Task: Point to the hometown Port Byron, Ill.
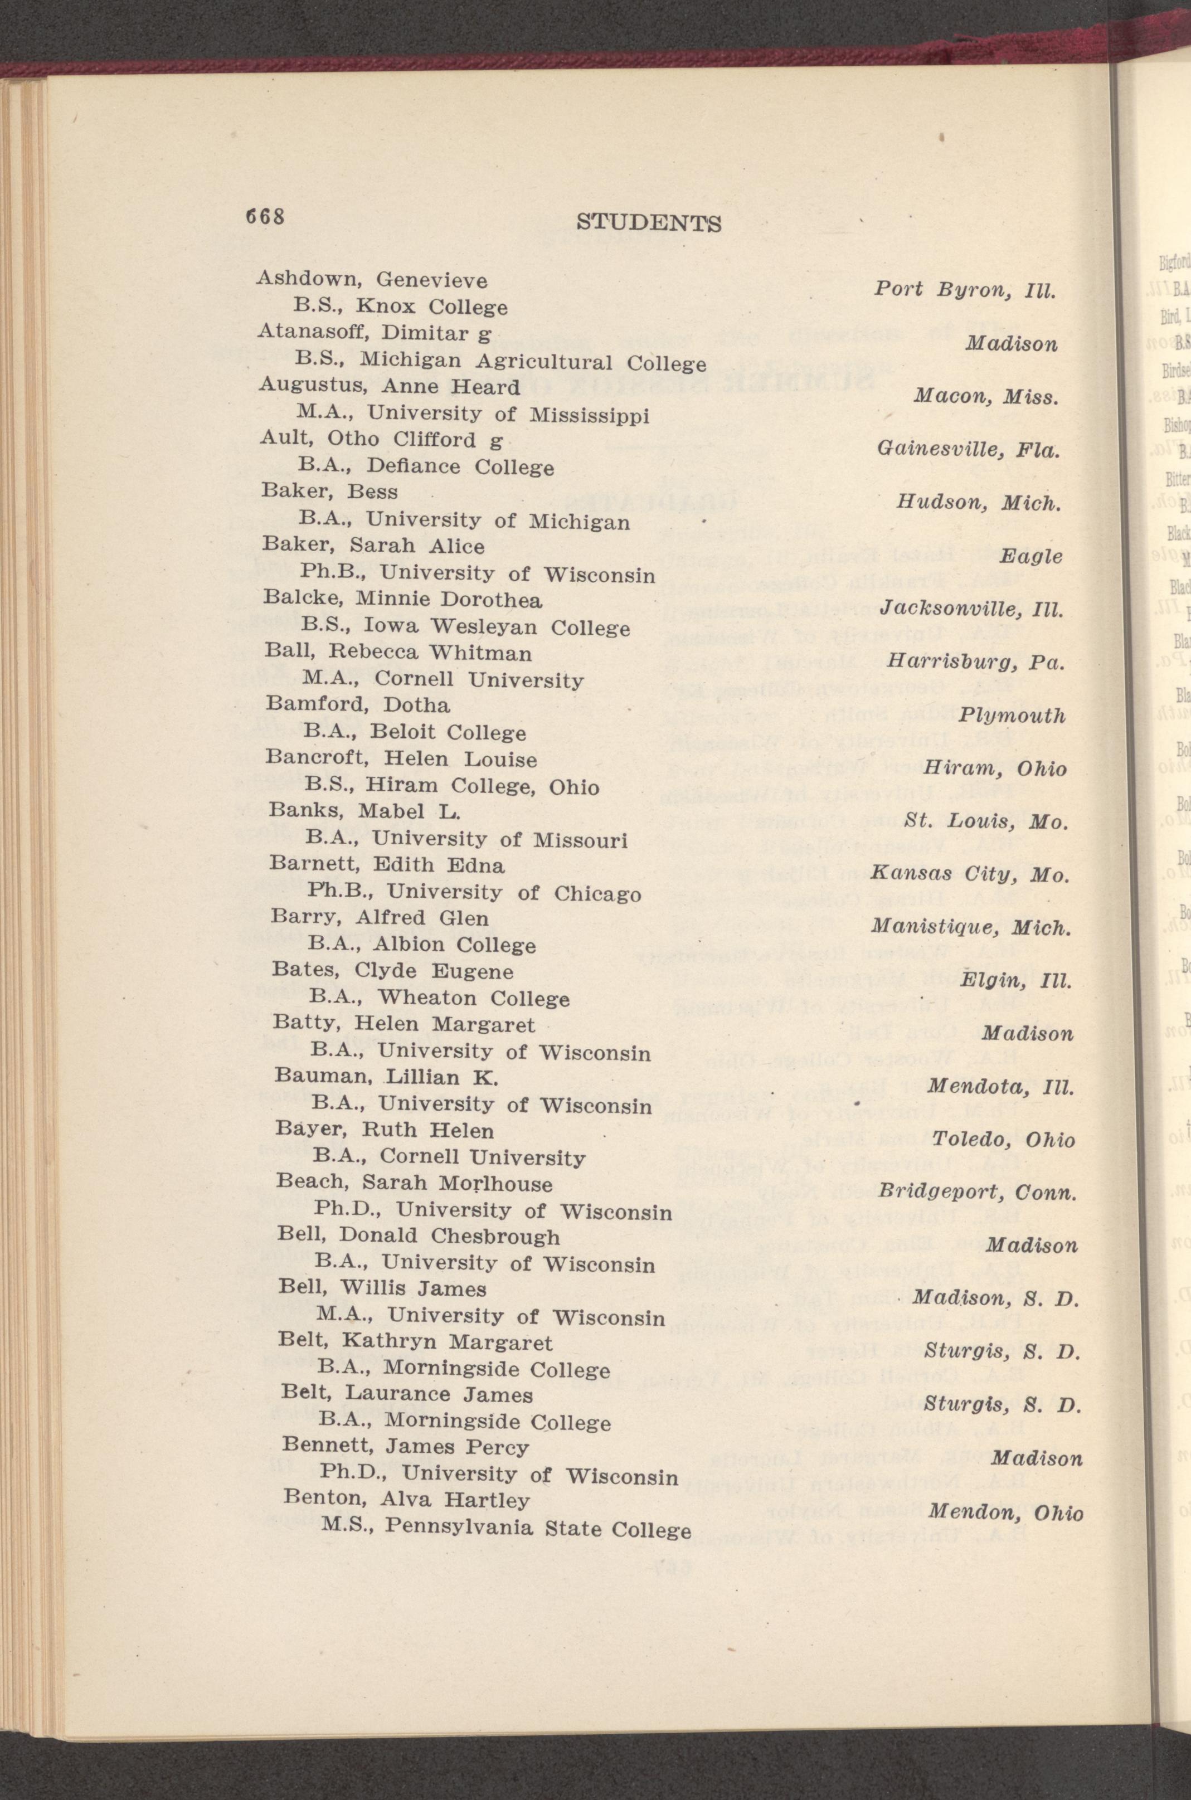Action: [x=965, y=289]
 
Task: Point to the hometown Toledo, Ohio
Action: [x=1003, y=1139]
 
